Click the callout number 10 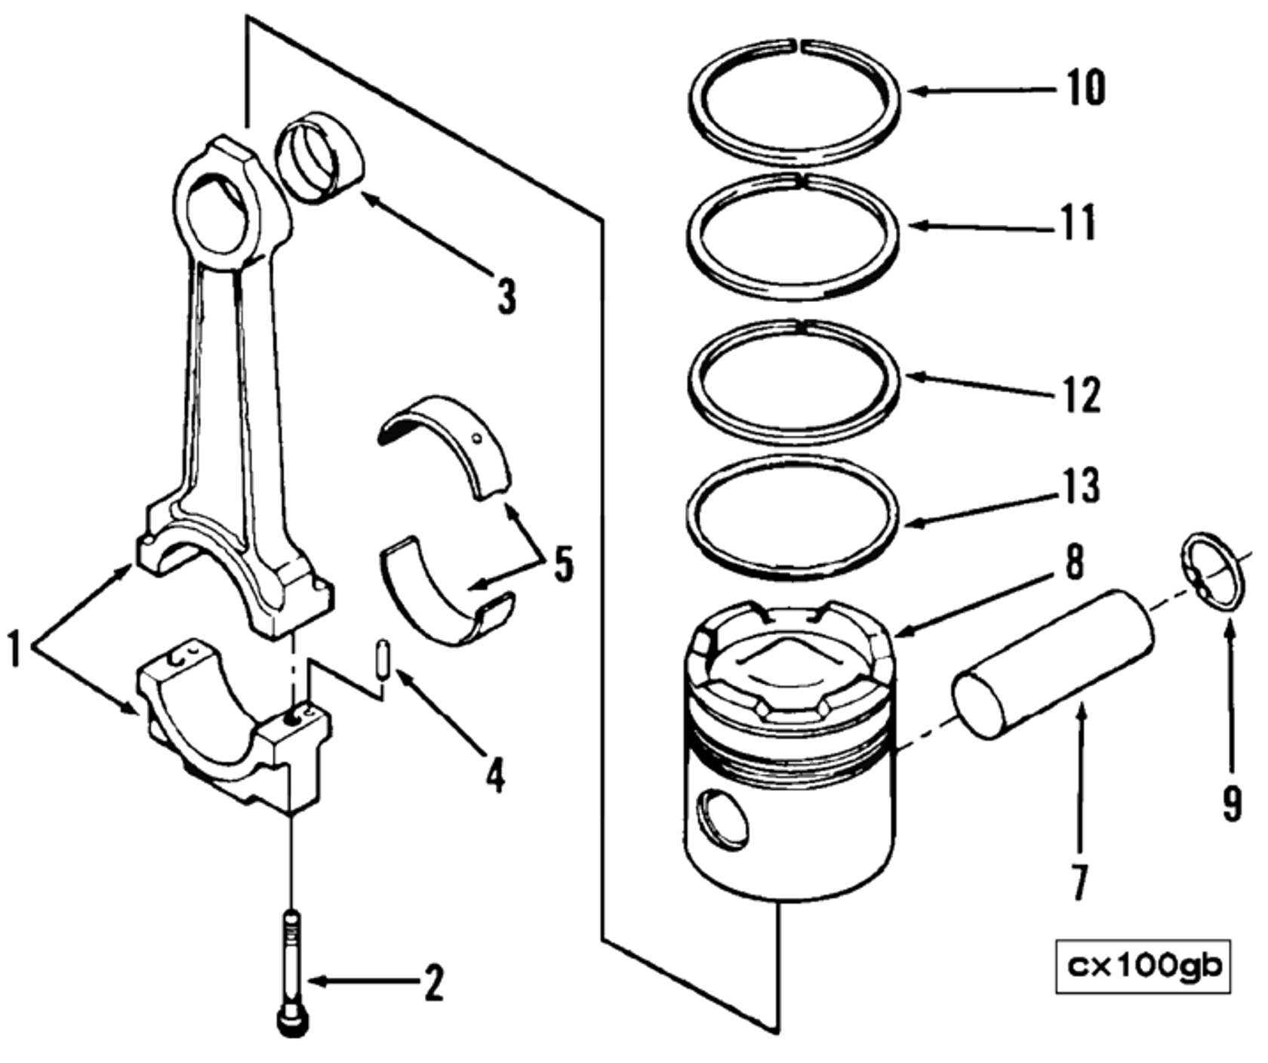click(x=1085, y=88)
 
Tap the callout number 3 click(x=506, y=296)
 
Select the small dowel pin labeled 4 click(x=383, y=660)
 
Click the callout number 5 click(x=563, y=564)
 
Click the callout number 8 click(x=1073, y=562)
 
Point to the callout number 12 click(x=1082, y=394)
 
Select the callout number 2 click(x=433, y=982)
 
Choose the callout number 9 click(x=1231, y=803)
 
